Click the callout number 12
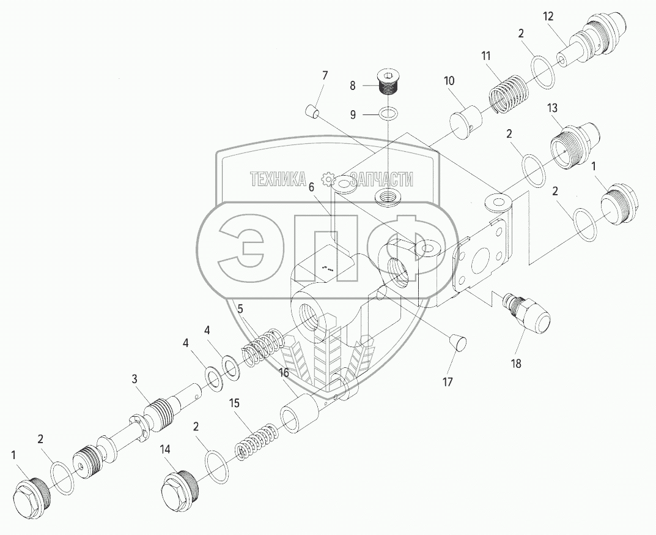pos(548,17)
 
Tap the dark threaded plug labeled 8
pos(388,83)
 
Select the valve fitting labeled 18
pos(527,313)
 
